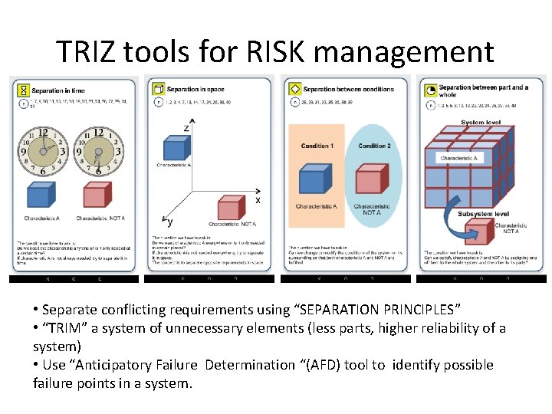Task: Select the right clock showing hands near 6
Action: pyautogui.click(x=98, y=151)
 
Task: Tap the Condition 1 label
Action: pyautogui.click(x=317, y=146)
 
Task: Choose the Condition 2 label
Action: pyautogui.click(x=374, y=146)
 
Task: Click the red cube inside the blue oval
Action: pyautogui.click(x=370, y=182)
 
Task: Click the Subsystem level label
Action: pyautogui.click(x=483, y=214)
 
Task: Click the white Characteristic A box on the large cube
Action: pyautogui.click(x=459, y=158)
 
